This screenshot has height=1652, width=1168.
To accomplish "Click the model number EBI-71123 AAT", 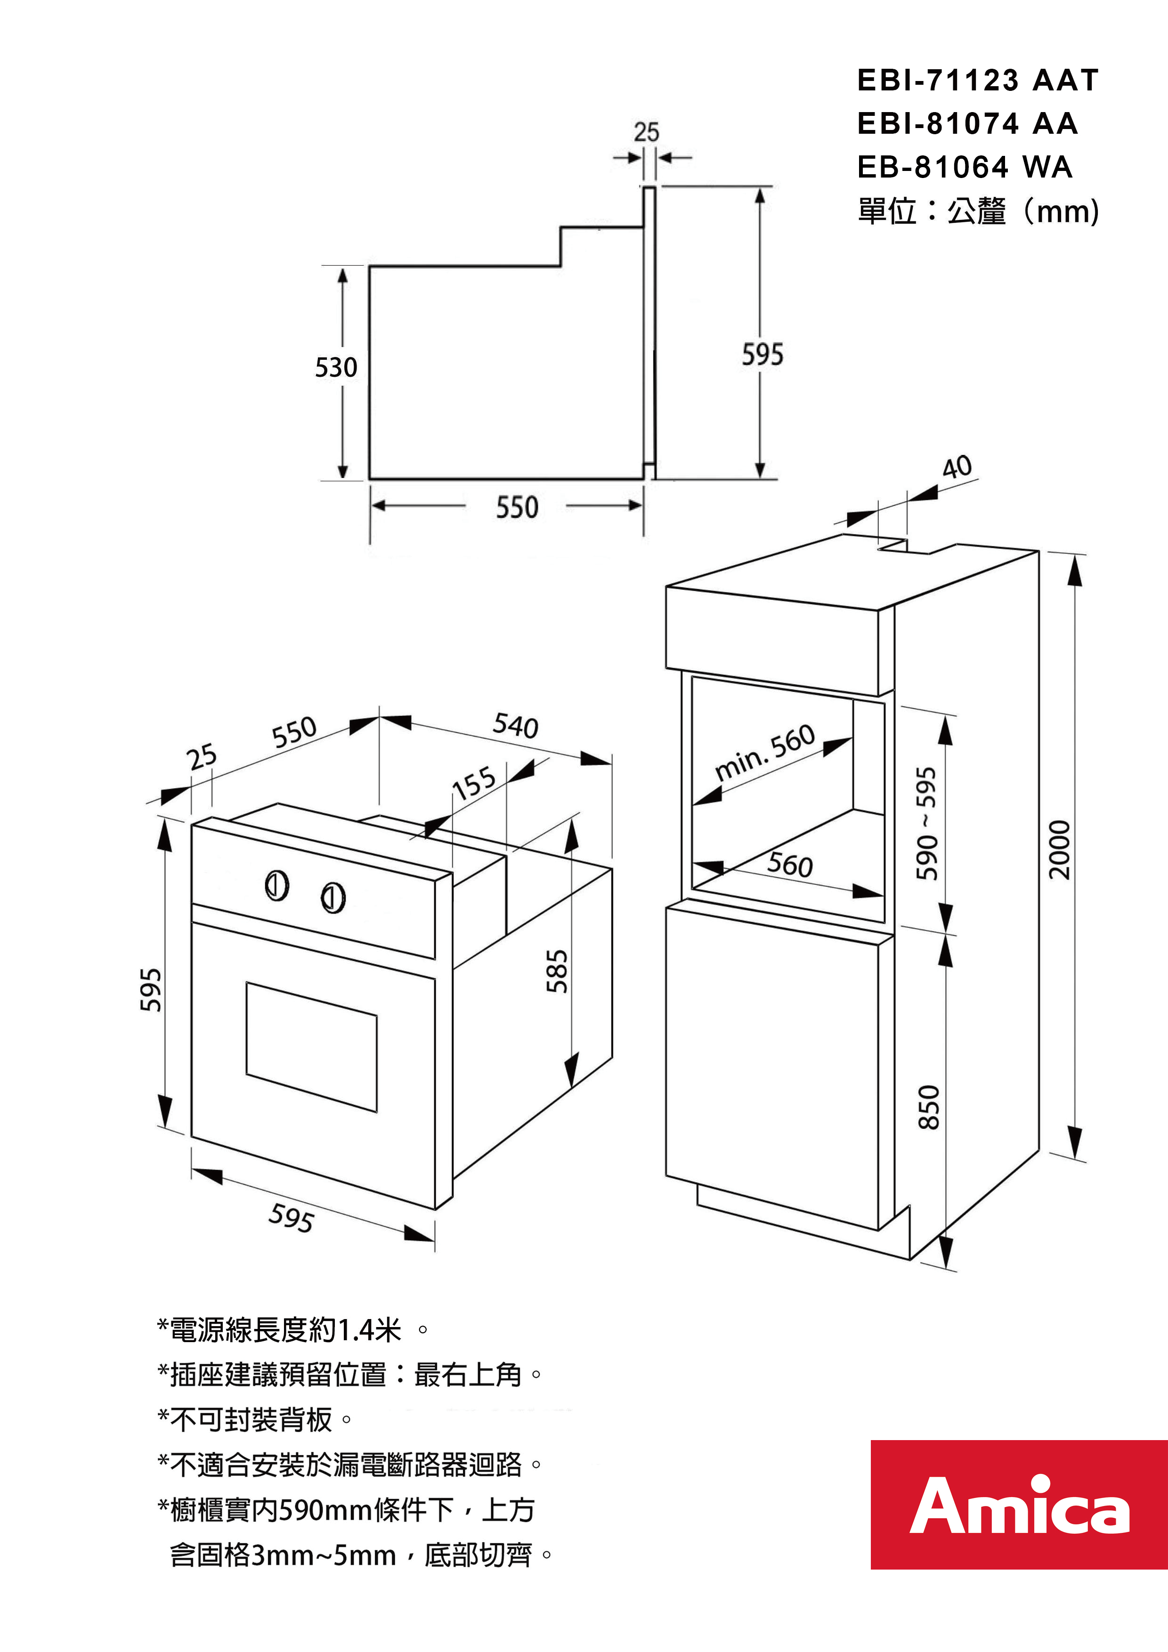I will coord(977,80).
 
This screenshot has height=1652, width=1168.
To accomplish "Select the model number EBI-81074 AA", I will coord(967,124).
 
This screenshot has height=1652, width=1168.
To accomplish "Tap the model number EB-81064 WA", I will coord(965,168).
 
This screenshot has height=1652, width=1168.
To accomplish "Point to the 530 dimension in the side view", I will coord(336,368).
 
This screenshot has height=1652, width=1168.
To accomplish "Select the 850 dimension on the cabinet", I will coord(929,1107).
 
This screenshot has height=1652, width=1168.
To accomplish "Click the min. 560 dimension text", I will coord(765,752).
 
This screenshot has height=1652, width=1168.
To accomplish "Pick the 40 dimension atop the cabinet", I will coord(957,467).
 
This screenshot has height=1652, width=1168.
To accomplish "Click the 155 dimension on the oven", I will coord(473,783).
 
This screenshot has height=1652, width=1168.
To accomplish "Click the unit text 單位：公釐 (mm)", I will coord(977,211).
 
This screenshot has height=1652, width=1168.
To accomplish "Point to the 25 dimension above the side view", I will coord(646,132).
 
